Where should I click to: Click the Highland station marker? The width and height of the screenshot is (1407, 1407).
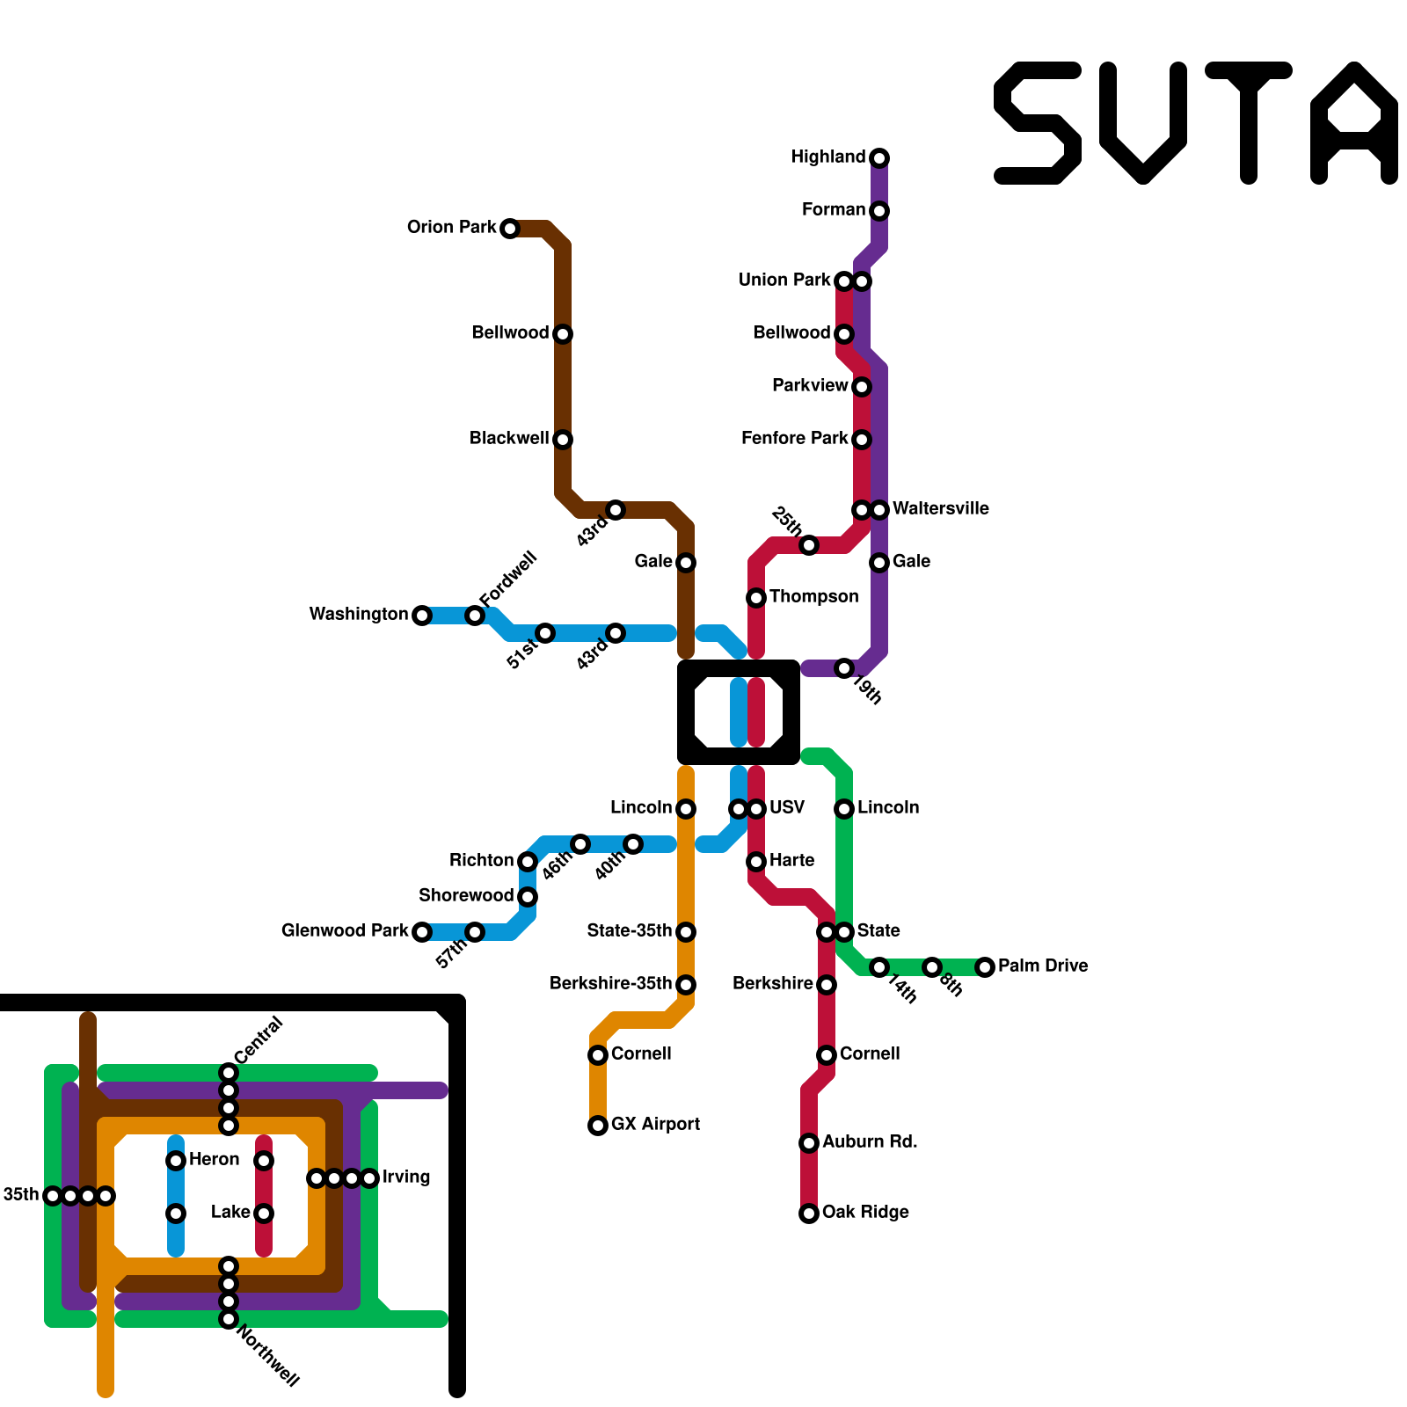(x=879, y=158)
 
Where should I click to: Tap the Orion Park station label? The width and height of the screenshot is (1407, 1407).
(x=451, y=228)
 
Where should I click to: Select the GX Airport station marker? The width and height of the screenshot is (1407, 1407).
(x=598, y=1126)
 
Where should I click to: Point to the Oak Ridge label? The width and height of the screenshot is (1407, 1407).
(x=865, y=1213)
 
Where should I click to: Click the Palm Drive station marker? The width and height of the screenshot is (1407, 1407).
(x=985, y=967)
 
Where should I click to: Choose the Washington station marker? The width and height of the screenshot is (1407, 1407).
(x=422, y=616)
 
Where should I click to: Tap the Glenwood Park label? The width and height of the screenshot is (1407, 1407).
(x=345, y=931)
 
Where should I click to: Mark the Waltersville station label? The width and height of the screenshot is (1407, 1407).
(x=940, y=509)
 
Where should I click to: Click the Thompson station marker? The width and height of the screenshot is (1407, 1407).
(x=756, y=598)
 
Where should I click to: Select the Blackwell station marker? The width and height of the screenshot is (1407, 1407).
(x=563, y=440)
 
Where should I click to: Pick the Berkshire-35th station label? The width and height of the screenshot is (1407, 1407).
(x=610, y=984)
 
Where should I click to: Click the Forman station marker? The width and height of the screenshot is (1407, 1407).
(x=879, y=211)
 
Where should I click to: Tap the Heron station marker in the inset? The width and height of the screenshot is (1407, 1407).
(x=176, y=1161)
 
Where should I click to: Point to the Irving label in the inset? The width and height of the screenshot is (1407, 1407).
(x=406, y=1177)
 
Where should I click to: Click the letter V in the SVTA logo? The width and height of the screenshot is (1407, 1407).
(x=1143, y=123)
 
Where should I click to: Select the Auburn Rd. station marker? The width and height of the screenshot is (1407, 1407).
(x=809, y=1143)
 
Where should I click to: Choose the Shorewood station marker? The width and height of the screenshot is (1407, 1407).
(x=528, y=897)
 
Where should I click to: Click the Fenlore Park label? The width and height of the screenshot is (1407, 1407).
(x=794, y=439)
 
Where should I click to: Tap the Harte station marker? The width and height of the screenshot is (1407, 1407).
(x=756, y=862)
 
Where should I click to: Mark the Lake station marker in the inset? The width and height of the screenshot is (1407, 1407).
(x=264, y=1214)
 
